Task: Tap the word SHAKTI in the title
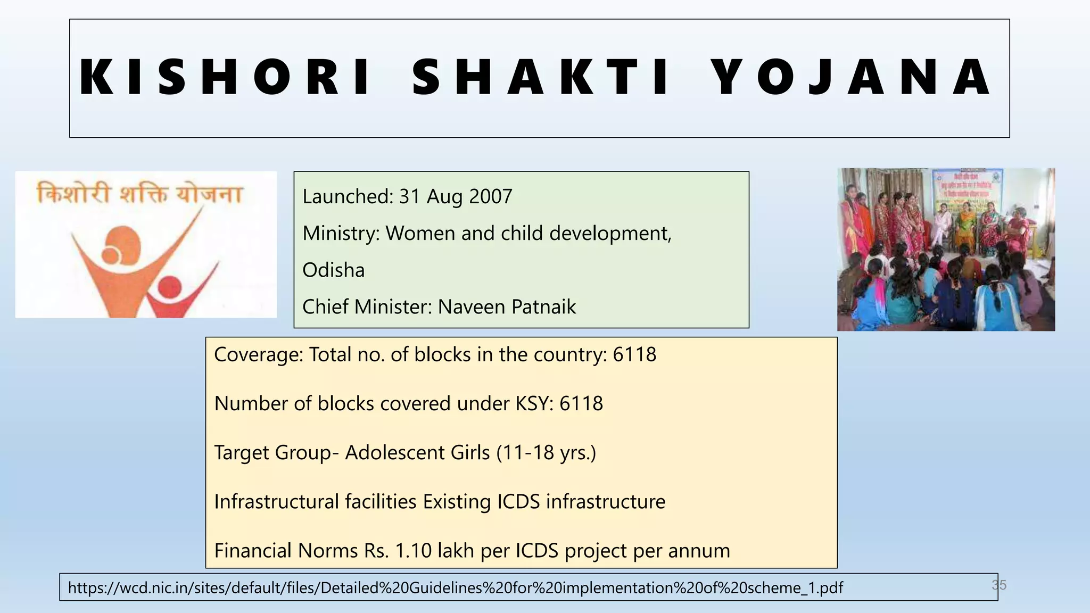point(540,78)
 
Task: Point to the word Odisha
point(334,270)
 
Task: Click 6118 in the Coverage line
point(634,355)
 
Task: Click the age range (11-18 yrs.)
point(546,453)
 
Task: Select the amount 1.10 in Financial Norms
point(413,551)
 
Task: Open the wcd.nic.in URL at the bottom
point(456,588)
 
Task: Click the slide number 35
point(999,585)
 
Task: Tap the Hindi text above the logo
point(139,193)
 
